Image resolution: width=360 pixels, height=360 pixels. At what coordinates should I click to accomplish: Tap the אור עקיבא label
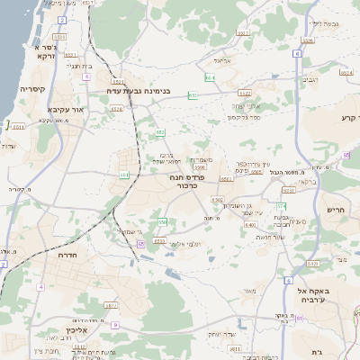click(65, 111)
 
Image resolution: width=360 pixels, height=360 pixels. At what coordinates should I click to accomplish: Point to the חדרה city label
click(69, 256)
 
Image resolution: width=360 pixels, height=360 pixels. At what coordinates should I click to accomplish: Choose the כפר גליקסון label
click(243, 117)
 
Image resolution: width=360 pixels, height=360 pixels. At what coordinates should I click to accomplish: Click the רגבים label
click(310, 80)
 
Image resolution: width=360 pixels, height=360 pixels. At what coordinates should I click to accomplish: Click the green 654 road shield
click(208, 78)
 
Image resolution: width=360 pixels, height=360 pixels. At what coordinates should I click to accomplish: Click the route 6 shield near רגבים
click(296, 53)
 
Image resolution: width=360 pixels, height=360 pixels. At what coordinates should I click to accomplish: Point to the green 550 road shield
click(163, 221)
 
